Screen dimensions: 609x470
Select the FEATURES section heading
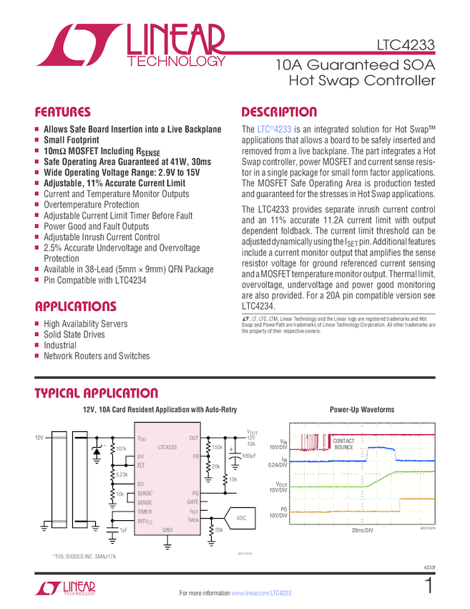click(63, 112)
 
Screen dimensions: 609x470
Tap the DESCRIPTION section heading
click(279, 112)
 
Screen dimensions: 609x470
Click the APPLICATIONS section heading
click(75, 307)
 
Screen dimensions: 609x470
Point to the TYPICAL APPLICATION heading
click(96, 393)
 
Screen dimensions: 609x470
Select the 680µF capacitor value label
click(249, 456)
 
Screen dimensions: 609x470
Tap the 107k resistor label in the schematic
click(121, 449)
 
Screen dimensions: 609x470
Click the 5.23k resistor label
click(122, 475)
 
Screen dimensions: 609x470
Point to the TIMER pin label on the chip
click(145, 512)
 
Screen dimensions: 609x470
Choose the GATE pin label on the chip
click(192, 502)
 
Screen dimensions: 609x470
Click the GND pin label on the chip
click(167, 530)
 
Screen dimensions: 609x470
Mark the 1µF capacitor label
click(124, 530)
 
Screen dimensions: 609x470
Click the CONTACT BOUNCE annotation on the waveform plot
click(343, 444)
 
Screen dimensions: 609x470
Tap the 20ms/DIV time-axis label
click(361, 532)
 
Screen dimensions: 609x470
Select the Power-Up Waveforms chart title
click(361, 410)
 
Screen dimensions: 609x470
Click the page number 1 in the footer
click(428, 586)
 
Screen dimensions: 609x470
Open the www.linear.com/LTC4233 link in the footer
click(261, 593)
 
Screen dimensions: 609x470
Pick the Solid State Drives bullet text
click(75, 335)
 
